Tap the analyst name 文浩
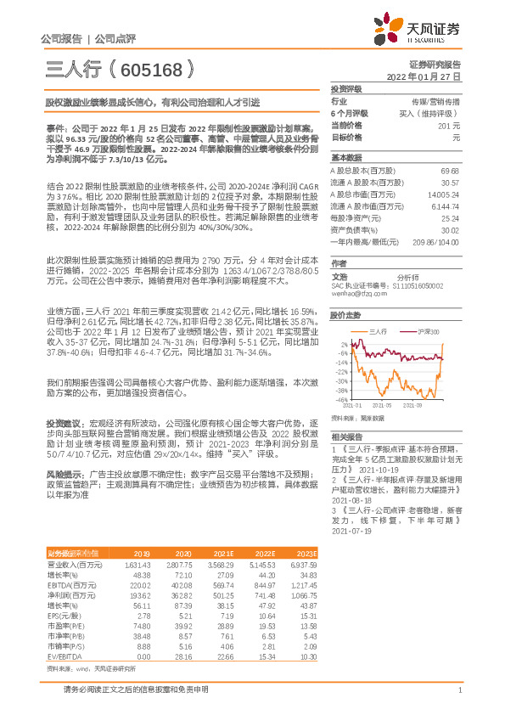339,276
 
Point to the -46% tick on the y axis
340,399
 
